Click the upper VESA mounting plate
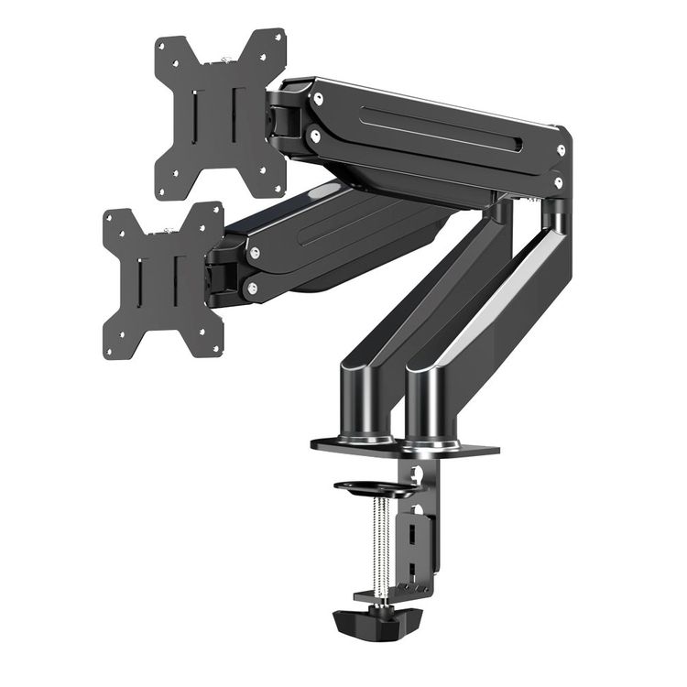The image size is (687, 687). coord(220,114)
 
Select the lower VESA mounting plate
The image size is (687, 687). coord(163,279)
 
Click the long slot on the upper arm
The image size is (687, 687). coord(440,129)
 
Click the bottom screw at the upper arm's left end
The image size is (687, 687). coord(314,136)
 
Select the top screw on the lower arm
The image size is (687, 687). coord(255,252)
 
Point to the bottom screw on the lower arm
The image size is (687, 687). coord(251,289)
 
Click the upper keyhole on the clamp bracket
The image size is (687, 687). coord(417,476)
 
